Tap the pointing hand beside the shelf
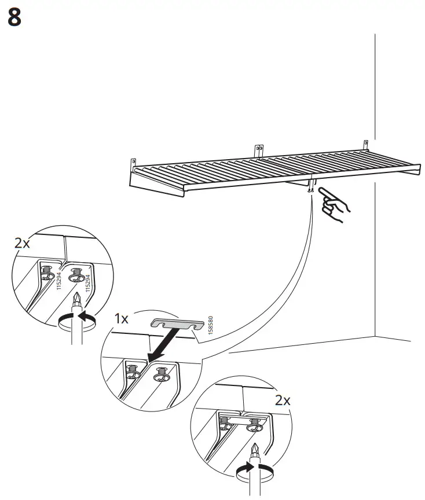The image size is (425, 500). pyautogui.click(x=334, y=203)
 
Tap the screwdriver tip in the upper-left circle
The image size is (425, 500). pyautogui.click(x=76, y=299)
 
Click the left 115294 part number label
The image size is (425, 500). pyautogui.click(x=59, y=282)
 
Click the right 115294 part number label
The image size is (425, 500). pyautogui.click(x=87, y=283)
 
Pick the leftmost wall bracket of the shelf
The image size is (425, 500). pyautogui.click(x=134, y=164)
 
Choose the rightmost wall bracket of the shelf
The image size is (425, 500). pyautogui.click(x=365, y=144)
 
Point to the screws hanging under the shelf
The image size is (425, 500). pyautogui.click(x=312, y=189)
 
